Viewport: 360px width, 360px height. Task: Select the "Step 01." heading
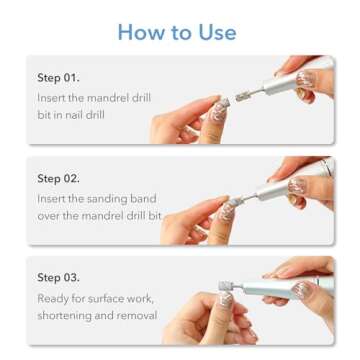[x=58, y=77]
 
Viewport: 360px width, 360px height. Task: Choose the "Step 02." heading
[x=58, y=178]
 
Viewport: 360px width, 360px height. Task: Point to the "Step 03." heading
[x=58, y=277]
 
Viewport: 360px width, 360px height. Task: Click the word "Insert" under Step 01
[x=52, y=97]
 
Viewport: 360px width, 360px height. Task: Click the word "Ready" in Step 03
[x=54, y=297]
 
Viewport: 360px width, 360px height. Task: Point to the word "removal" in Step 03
[x=137, y=315]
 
